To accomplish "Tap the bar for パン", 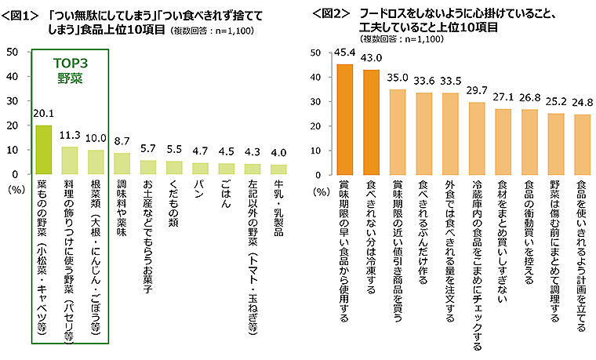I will coord(199,168).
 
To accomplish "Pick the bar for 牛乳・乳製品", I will coord(278,169).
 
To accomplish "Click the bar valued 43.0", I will coord(371,122).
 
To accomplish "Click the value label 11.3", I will coord(69,134).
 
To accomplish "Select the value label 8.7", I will coord(121,140).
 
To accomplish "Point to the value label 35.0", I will coord(398,77).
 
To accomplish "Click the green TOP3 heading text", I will coord(68,64).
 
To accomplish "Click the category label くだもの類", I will coord(173,206).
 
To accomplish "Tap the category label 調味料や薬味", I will coord(121,212).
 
